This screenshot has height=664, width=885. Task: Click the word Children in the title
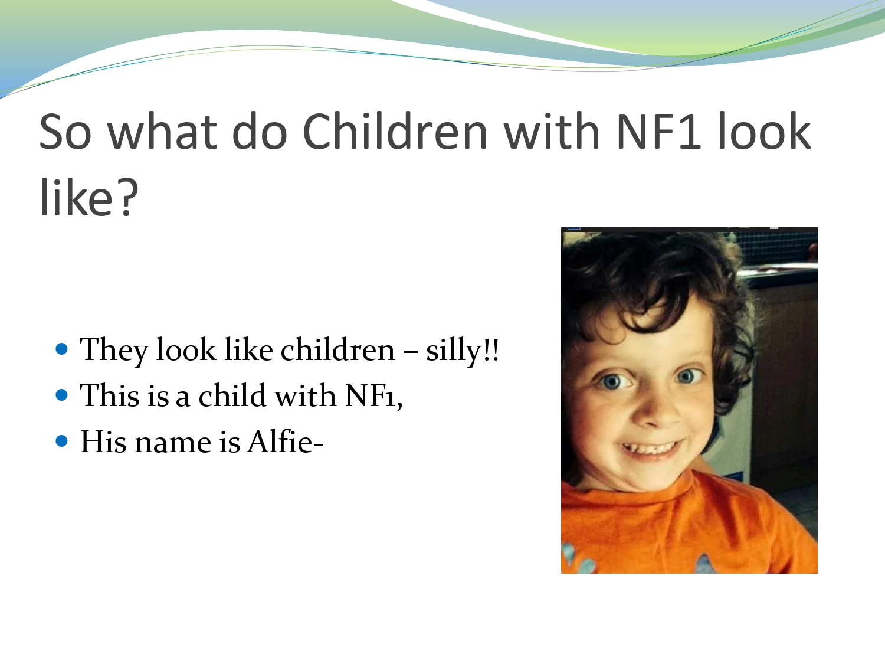[395, 131]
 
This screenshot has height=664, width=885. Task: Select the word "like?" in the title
[88, 198]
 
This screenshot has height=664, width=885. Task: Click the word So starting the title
[65, 131]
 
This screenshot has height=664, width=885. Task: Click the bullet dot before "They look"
[62, 348]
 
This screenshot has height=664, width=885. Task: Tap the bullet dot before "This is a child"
[62, 394]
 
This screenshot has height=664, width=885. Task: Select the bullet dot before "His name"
[62, 440]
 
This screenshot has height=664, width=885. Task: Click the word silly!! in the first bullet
[463, 350]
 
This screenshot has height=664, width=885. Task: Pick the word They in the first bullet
[113, 350]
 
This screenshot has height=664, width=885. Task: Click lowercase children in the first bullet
[337, 350]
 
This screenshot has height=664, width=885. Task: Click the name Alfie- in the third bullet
[285, 441]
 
